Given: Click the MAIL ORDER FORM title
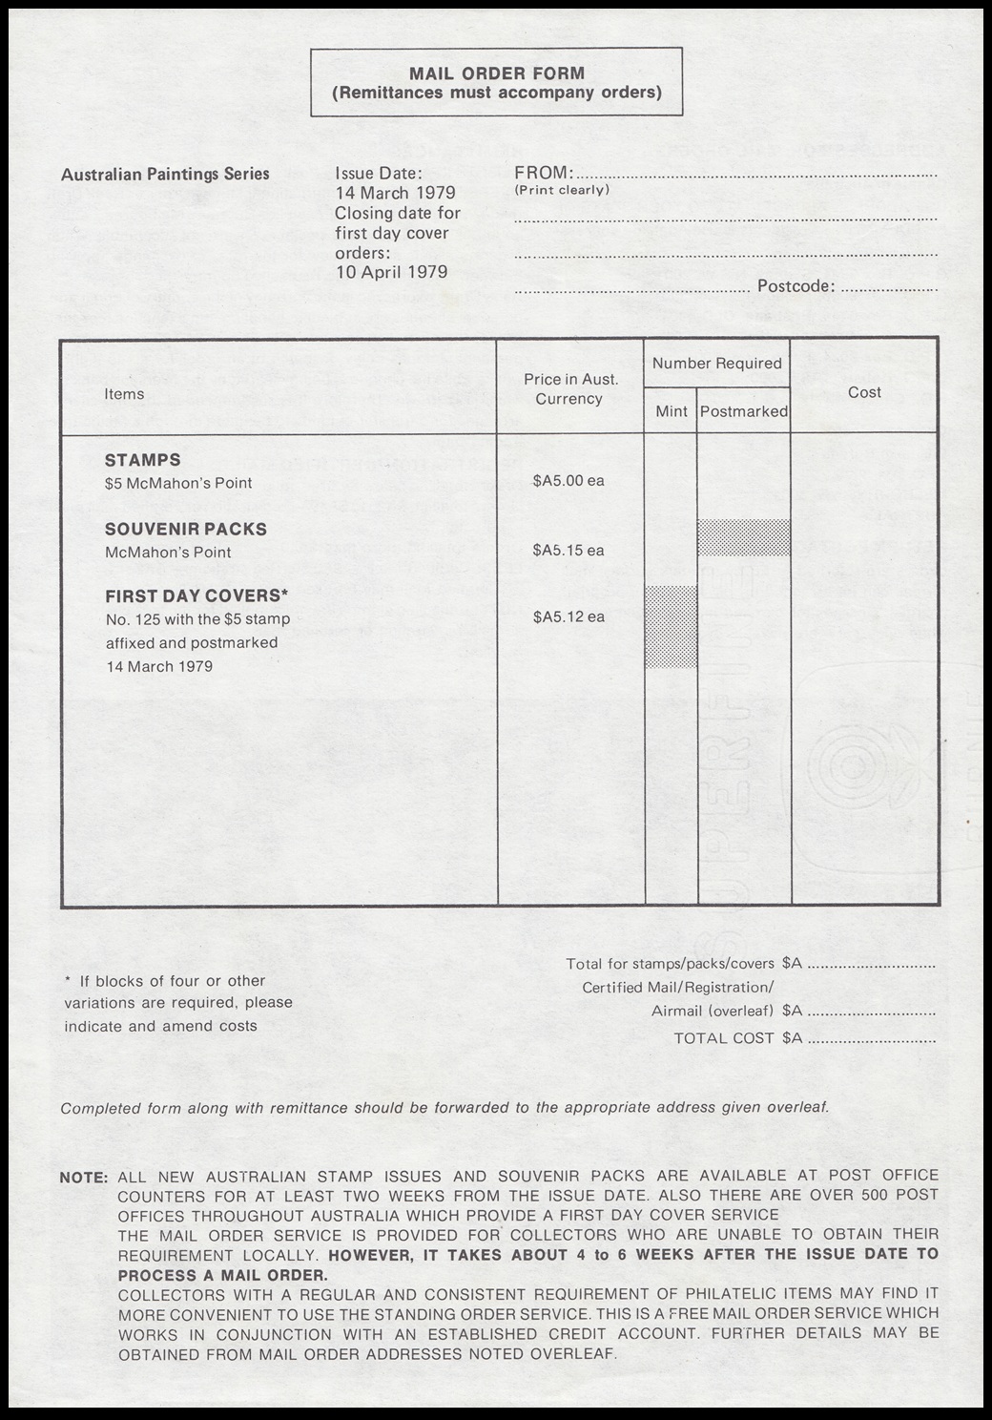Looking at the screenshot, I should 497,73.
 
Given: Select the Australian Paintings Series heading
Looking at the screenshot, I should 165,174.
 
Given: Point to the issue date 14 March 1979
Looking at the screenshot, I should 395,193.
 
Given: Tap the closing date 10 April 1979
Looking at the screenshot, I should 391,272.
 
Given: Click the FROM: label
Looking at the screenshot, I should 544,173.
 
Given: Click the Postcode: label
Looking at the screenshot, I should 796,286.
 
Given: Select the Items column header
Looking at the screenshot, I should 124,394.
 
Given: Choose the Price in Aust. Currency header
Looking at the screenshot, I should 569,389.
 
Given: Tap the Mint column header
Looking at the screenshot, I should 672,411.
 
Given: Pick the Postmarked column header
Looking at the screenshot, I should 744,411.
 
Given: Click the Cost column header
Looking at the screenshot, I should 864,392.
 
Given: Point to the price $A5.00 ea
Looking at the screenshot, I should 568,480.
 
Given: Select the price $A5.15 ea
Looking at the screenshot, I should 568,550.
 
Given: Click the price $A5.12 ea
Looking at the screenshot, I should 568,616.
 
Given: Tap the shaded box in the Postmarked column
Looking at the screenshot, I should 744,537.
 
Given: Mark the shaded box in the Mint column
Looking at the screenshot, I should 672,626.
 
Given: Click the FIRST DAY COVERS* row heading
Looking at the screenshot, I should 196,595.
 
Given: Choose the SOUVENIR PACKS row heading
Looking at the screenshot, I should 186,529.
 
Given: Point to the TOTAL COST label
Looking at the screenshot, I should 724,1038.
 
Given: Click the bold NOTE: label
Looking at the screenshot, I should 84,1177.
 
